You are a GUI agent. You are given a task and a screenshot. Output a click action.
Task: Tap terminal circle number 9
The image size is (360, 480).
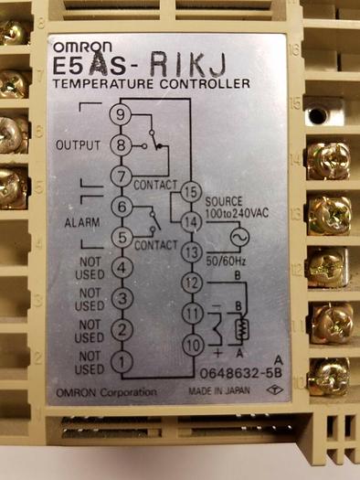point(122,114)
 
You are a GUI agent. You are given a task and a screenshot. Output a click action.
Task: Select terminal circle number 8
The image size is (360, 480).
point(122,144)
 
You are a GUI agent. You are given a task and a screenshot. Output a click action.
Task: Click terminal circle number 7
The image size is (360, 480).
point(122,176)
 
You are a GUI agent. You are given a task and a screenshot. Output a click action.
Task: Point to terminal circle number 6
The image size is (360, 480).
point(122,208)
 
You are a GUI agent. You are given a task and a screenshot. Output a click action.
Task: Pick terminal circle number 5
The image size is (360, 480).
point(122,238)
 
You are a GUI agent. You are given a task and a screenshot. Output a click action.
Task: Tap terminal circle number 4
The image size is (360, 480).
point(122,269)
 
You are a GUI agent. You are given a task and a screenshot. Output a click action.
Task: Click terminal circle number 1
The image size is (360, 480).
point(122,361)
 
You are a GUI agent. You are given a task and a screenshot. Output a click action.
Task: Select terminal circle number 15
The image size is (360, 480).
point(189,192)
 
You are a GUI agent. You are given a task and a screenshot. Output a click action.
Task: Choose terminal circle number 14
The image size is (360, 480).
point(189,221)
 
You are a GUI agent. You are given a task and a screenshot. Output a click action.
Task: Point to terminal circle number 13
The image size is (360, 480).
point(189,252)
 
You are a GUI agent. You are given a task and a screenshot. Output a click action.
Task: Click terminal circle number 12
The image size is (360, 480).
point(189,283)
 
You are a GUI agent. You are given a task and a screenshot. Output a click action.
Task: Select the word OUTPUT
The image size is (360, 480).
point(78,145)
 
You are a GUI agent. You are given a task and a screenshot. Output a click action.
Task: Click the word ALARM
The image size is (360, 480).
point(81,223)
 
